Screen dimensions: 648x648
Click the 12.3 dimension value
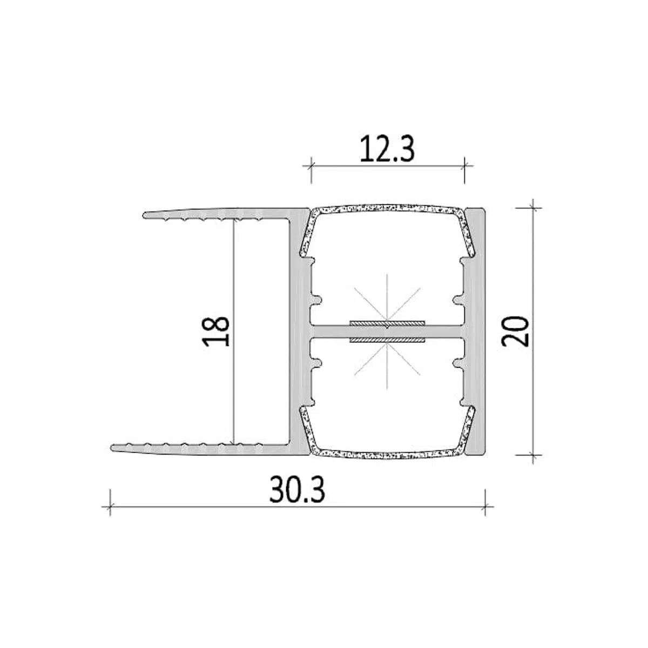tap(387, 149)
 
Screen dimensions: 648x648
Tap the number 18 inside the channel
tap(216, 331)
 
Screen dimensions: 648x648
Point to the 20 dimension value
tap(515, 331)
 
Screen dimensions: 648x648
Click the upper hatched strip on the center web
tap(387, 323)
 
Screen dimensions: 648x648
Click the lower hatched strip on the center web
tap(387, 341)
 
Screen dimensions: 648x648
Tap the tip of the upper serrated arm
tap(145, 215)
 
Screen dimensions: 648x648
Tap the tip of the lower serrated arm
tap(112, 448)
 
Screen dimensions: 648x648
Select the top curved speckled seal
tap(387, 207)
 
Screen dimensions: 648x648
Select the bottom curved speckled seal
tap(387, 456)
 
